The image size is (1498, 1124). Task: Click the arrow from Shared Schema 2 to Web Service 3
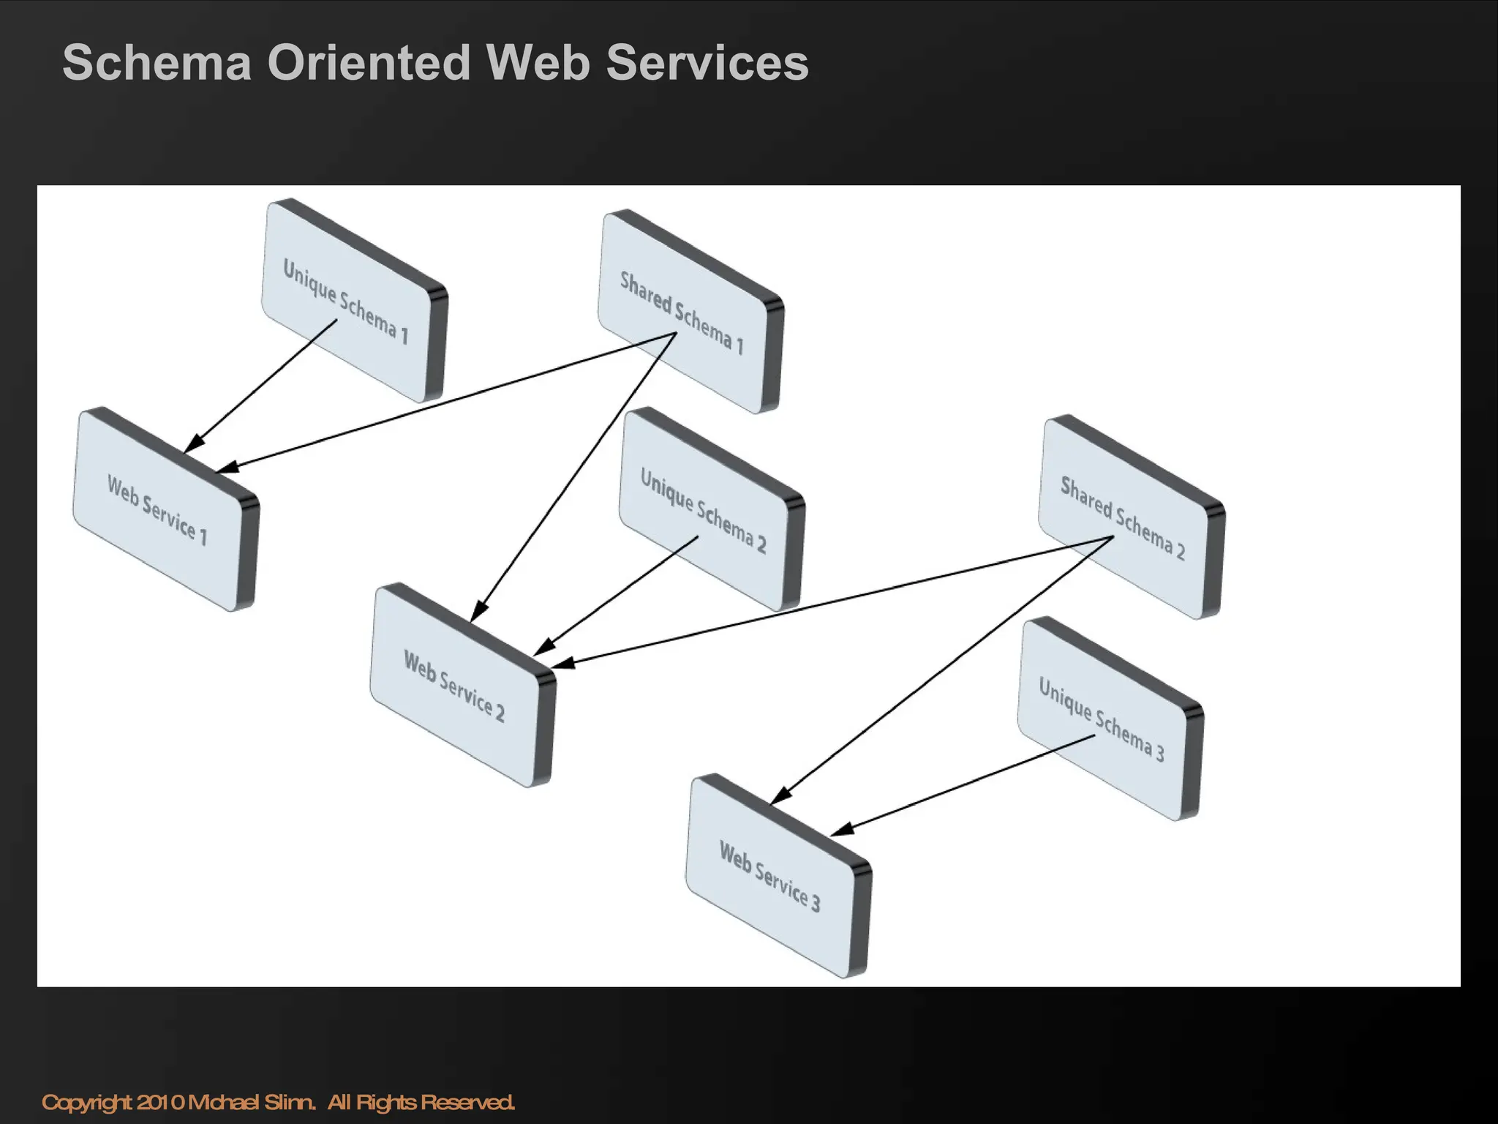(x=944, y=670)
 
